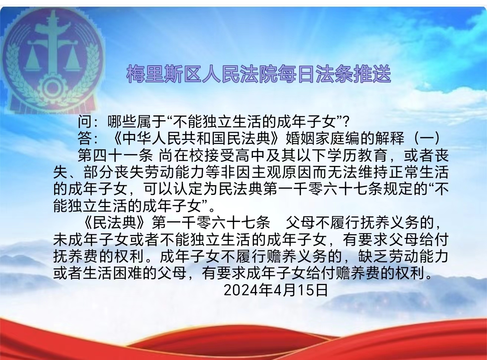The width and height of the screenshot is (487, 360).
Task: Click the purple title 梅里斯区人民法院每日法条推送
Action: tap(258, 73)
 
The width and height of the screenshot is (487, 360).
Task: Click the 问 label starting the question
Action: tap(85, 121)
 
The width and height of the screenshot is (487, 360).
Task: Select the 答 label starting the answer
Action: tap(85, 138)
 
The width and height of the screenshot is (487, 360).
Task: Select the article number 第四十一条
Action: tap(115, 156)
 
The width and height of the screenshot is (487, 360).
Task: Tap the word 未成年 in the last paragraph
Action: tap(75, 240)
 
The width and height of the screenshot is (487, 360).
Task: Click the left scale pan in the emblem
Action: tap(33, 58)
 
